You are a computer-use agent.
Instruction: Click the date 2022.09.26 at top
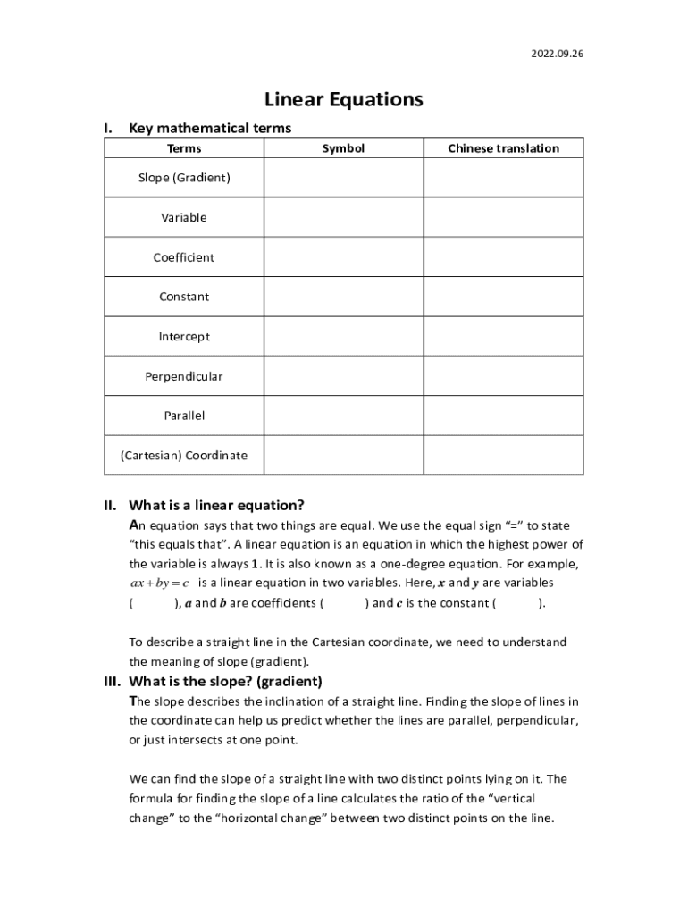557,54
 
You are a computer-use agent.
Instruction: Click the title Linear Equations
344,99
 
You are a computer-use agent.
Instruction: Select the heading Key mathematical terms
210,128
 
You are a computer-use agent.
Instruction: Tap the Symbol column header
343,148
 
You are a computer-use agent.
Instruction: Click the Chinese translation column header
503,148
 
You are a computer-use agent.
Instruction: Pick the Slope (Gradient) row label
184,178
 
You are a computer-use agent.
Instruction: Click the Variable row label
184,217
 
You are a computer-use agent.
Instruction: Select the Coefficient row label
184,257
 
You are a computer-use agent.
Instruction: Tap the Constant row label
184,297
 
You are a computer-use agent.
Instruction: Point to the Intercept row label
184,337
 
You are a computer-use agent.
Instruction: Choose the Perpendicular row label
184,376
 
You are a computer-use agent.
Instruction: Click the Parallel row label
184,416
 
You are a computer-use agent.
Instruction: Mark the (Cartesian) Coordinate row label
184,455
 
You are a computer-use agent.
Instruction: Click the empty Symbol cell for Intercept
343,337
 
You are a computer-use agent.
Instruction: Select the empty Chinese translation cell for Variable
503,217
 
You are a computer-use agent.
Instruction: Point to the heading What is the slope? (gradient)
226,681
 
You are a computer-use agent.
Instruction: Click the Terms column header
184,148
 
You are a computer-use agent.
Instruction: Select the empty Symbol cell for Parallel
343,416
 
